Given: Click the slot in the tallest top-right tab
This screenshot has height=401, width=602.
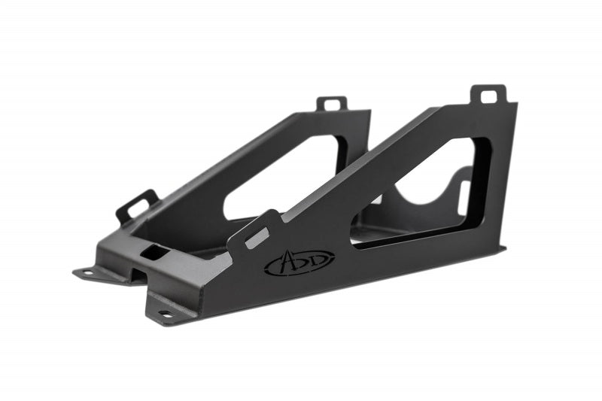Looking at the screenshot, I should tap(489, 96).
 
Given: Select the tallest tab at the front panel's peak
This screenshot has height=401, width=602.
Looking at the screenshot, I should tap(489, 95).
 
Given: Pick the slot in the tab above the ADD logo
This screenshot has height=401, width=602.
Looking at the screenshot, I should tap(257, 238).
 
